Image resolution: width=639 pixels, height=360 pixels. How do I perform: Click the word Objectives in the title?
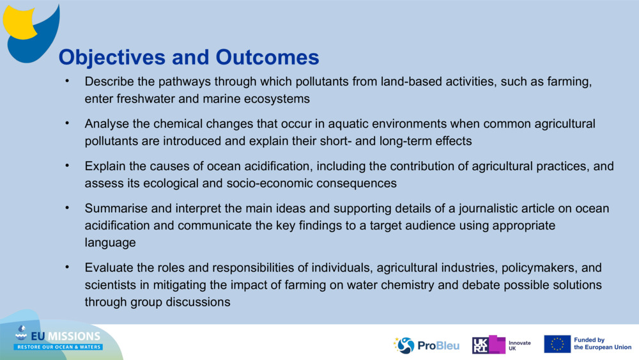tap(112, 58)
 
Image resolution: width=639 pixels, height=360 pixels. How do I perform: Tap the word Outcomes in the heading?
tap(267, 58)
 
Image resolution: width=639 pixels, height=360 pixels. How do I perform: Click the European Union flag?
tap(557, 344)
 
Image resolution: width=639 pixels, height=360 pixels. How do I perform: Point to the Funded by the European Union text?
tap(602, 344)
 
